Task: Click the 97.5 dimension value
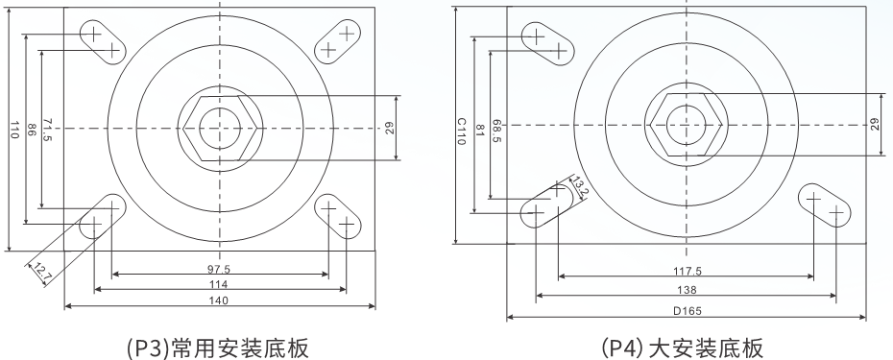(x=220, y=269)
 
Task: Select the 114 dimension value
(x=219, y=284)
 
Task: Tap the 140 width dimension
(x=219, y=300)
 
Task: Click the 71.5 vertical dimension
(x=47, y=131)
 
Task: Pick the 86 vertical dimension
(x=32, y=130)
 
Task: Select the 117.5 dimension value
(x=687, y=272)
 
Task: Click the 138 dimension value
(x=688, y=291)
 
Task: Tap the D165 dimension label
(x=688, y=311)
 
